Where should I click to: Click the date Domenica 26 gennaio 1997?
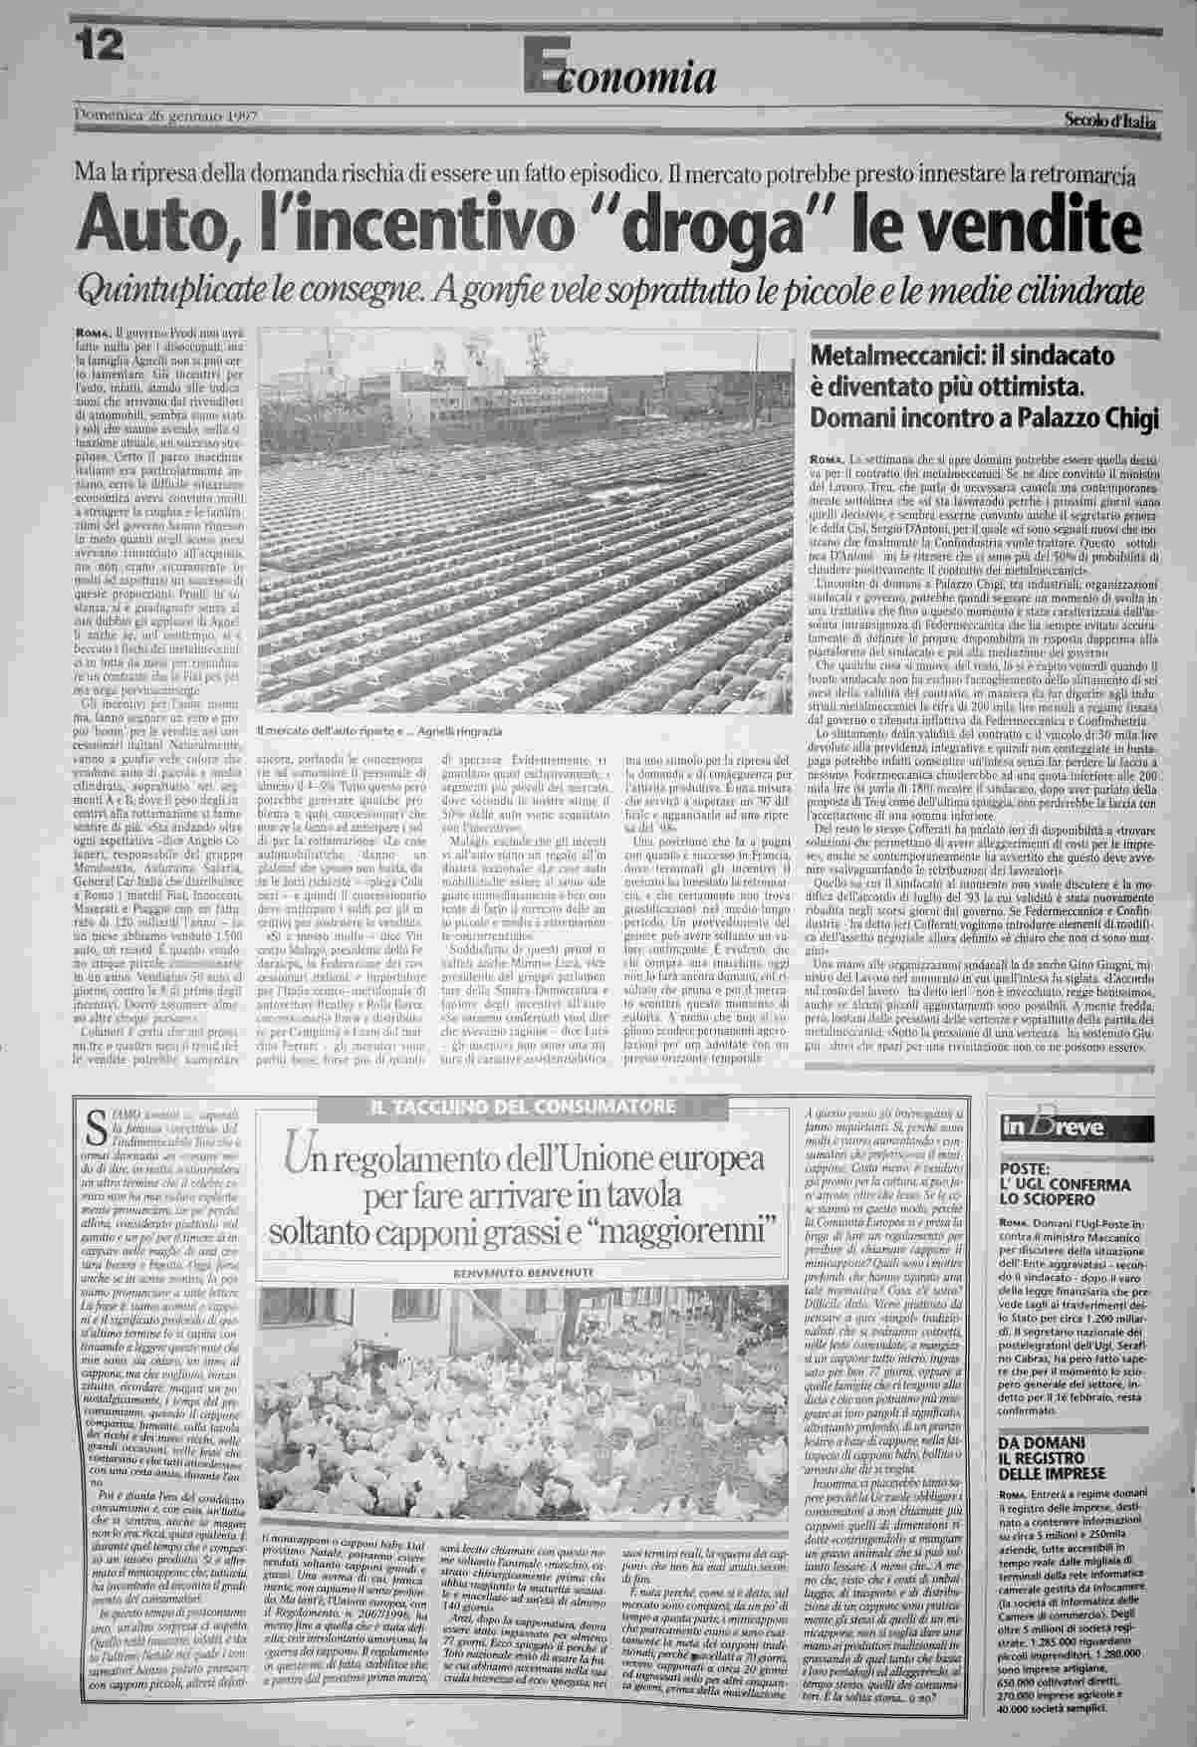pos(166,116)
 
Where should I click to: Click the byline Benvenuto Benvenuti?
pos(524,1272)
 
